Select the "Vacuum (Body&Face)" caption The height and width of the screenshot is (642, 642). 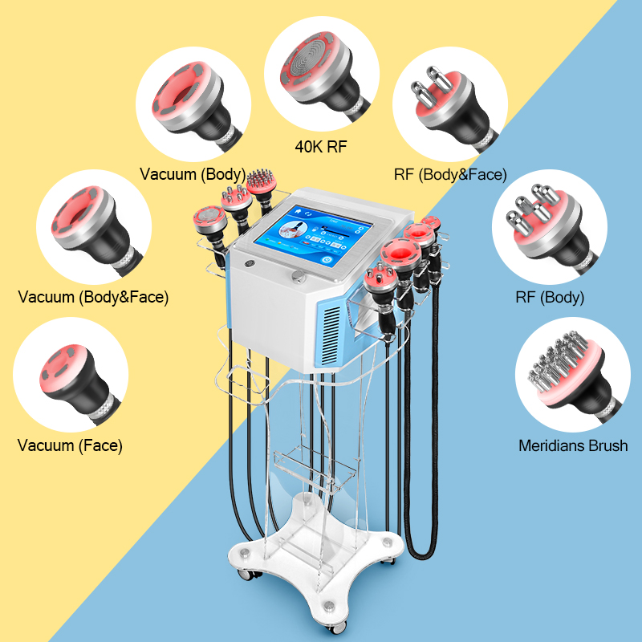[x=93, y=297]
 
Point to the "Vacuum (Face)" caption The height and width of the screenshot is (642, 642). [x=70, y=445]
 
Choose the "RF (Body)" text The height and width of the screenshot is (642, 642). [x=550, y=297]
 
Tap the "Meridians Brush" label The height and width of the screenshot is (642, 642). [x=573, y=445]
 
